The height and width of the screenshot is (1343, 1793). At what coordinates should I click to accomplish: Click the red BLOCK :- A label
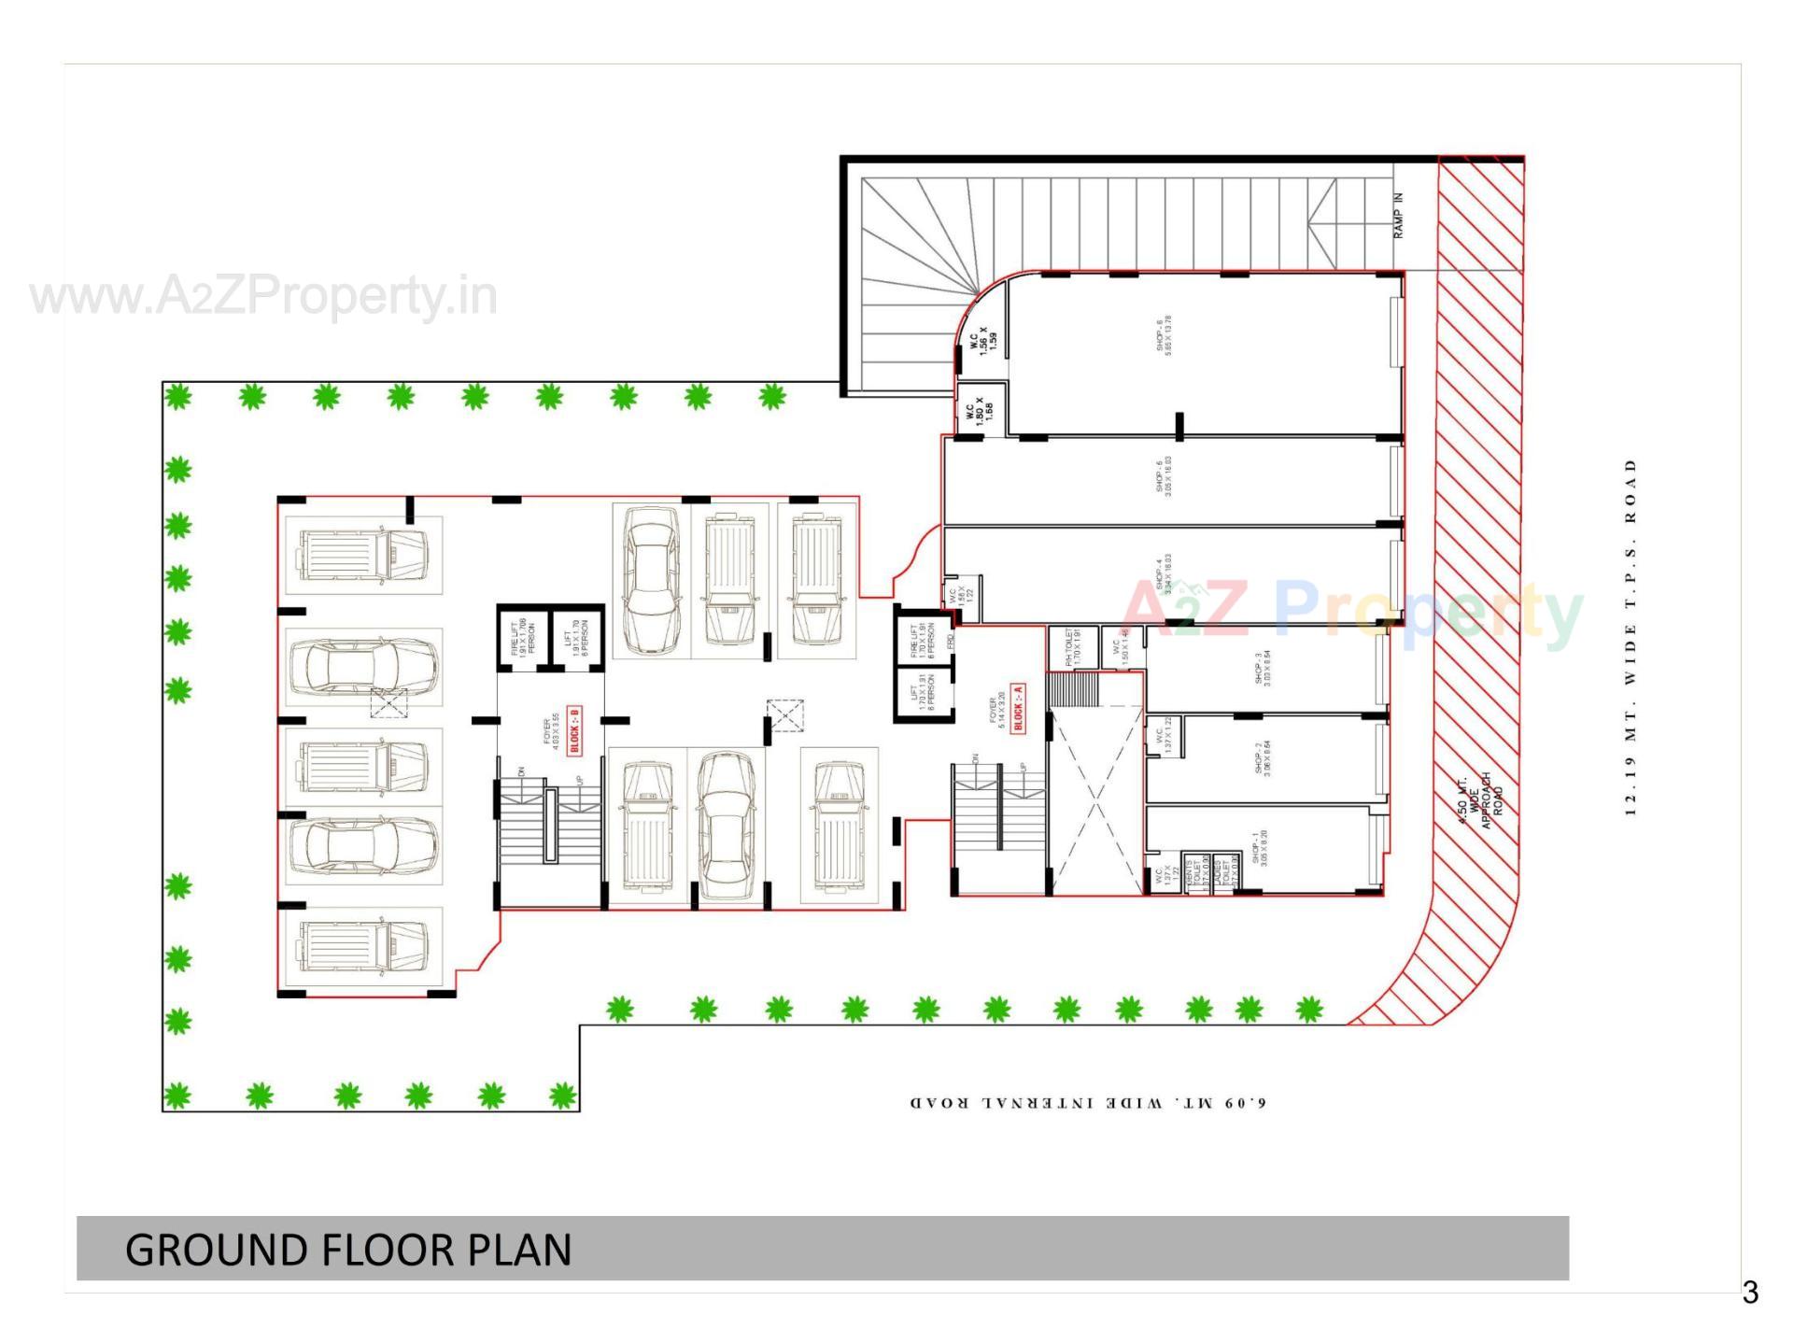pyautogui.click(x=1018, y=707)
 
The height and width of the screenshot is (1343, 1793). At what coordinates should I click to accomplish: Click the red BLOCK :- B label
pyautogui.click(x=574, y=730)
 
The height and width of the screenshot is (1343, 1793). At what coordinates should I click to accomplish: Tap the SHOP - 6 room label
pyautogui.click(x=1164, y=335)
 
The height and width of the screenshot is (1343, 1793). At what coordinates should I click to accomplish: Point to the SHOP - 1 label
pyautogui.click(x=1260, y=848)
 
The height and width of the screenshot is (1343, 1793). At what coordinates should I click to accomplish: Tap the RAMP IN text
pyautogui.click(x=1398, y=216)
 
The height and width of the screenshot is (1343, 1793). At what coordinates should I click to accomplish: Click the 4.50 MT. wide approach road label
pyautogui.click(x=1481, y=800)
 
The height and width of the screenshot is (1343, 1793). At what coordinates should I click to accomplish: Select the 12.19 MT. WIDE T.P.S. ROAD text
pyautogui.click(x=1631, y=637)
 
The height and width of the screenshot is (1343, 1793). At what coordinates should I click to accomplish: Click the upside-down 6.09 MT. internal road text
pyautogui.click(x=1088, y=1103)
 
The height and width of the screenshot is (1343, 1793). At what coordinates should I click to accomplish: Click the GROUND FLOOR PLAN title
pyautogui.click(x=348, y=1250)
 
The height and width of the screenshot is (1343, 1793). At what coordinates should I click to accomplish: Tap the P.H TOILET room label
pyautogui.click(x=1072, y=646)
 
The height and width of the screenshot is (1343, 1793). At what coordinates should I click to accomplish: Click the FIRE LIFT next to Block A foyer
pyautogui.click(x=920, y=642)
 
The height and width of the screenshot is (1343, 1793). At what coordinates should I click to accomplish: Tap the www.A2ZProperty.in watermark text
pyautogui.click(x=263, y=296)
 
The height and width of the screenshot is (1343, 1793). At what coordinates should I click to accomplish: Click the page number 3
pyautogui.click(x=1749, y=1293)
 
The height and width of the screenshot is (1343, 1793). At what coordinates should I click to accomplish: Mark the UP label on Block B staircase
pyautogui.click(x=579, y=780)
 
